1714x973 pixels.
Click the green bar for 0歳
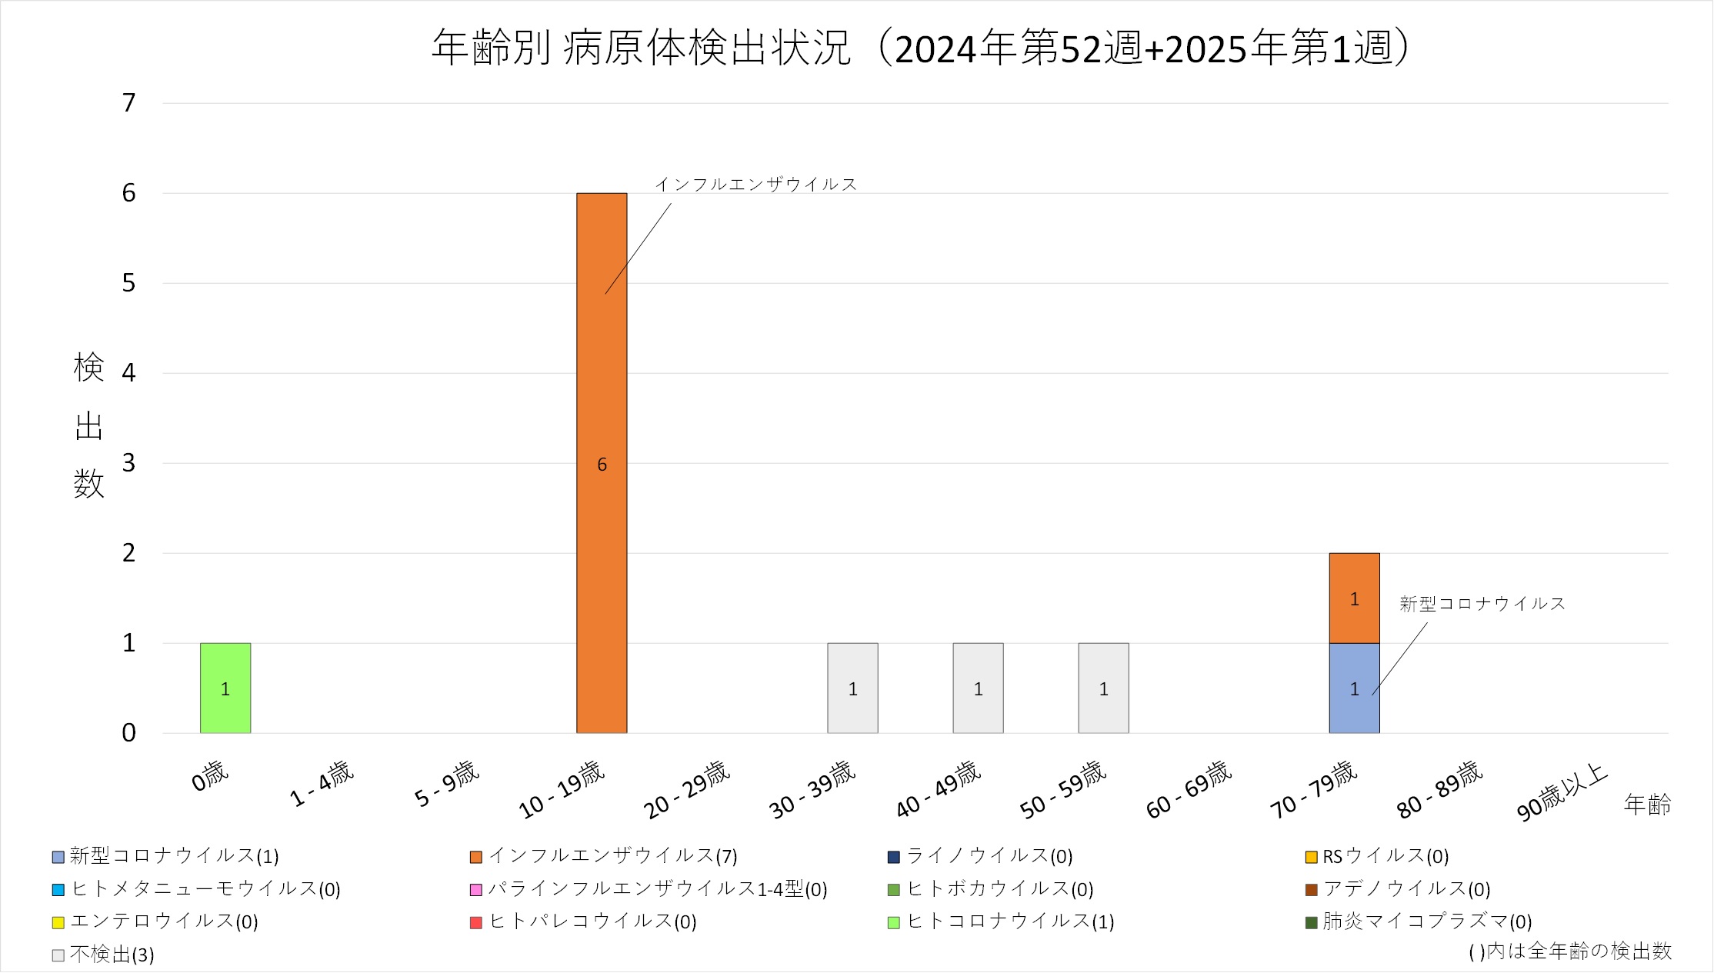[x=225, y=688]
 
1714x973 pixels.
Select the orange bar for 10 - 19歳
[x=602, y=463]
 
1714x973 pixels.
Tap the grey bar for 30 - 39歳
[x=852, y=688]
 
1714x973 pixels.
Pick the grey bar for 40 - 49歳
[x=978, y=688]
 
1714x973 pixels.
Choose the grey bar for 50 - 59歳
[x=1103, y=688]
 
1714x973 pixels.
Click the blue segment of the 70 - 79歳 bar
[x=1354, y=688]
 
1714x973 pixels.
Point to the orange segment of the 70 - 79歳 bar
[x=1354, y=598]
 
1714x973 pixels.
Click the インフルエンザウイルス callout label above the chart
[x=755, y=185]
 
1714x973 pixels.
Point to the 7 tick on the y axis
[x=129, y=102]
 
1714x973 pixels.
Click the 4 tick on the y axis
[x=129, y=373]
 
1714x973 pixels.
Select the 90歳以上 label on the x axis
[x=1562, y=792]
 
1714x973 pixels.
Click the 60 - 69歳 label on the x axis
[x=1189, y=789]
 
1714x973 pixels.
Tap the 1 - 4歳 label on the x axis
[x=322, y=784]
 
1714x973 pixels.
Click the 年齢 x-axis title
[x=1647, y=805]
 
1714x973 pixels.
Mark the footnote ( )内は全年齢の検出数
[x=1570, y=951]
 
